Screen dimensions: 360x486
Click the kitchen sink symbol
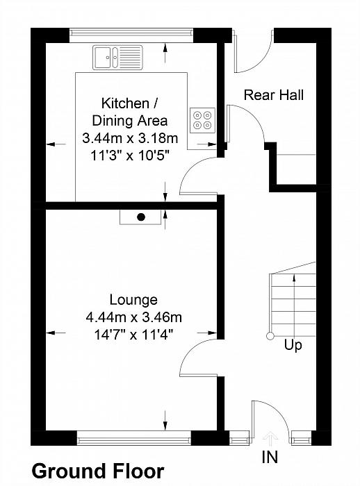pyautogui.click(x=117, y=58)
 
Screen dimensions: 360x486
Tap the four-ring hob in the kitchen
pyautogui.click(x=202, y=120)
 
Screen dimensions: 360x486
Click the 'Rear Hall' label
pyautogui.click(x=273, y=95)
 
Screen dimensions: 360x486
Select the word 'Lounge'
pyautogui.click(x=133, y=300)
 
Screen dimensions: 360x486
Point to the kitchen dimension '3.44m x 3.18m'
pyautogui.click(x=131, y=138)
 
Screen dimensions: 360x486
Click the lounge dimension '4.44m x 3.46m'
pyautogui.click(x=133, y=317)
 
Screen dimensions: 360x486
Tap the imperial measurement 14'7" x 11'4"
pyautogui.click(x=133, y=335)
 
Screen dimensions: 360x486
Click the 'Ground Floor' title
pyautogui.click(x=98, y=471)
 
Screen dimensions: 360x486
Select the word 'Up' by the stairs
pyautogui.click(x=293, y=345)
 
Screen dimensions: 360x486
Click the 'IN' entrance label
pyautogui.click(x=270, y=457)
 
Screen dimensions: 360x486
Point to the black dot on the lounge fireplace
pyautogui.click(x=141, y=217)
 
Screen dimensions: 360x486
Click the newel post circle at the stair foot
pyautogui.click(x=270, y=335)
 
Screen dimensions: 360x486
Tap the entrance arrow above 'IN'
pyautogui.click(x=270, y=439)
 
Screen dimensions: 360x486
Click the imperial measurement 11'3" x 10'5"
pyautogui.click(x=131, y=155)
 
